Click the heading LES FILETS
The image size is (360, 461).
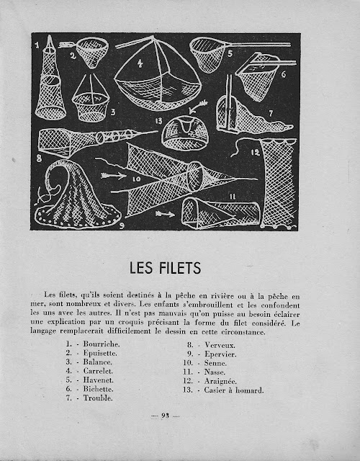click(x=165, y=268)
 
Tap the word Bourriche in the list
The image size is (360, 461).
click(x=101, y=344)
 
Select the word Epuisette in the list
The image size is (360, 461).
click(x=100, y=353)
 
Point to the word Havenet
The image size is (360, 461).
click(x=99, y=380)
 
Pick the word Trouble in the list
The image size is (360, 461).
click(x=98, y=398)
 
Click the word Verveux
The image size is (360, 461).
click(x=220, y=345)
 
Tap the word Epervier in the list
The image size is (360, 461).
click(x=220, y=354)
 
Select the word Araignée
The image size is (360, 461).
click(x=220, y=381)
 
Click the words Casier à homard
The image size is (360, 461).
click(x=234, y=390)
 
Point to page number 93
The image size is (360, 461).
click(x=165, y=416)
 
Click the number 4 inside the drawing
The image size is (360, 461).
click(x=140, y=63)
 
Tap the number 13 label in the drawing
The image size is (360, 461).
click(x=158, y=120)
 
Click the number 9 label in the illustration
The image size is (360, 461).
click(x=122, y=225)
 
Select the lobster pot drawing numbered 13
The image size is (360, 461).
click(x=185, y=133)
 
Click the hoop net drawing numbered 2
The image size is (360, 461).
click(x=92, y=52)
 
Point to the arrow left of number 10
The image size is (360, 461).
click(x=114, y=176)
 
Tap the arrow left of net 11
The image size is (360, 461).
click(x=165, y=214)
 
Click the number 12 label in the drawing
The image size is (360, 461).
click(x=255, y=152)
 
